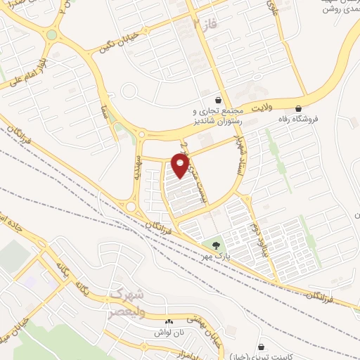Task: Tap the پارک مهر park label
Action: point(215,257)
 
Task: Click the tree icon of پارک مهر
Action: point(215,245)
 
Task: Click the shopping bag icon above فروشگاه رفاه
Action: point(301,108)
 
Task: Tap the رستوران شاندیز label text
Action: point(217,121)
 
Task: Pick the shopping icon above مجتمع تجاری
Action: point(220,100)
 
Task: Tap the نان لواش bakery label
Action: point(169,332)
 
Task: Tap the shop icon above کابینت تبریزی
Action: point(262,347)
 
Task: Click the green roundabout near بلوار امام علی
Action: point(51,34)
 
